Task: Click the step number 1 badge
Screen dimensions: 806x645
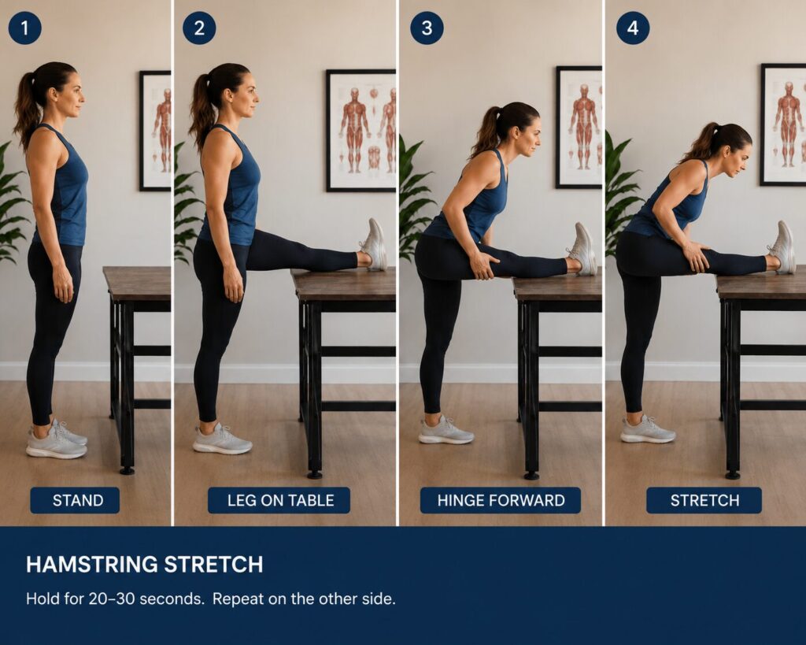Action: pyautogui.click(x=24, y=28)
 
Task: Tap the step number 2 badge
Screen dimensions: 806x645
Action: pyautogui.click(x=199, y=28)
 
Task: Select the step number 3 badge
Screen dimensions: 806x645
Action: pyautogui.click(x=427, y=28)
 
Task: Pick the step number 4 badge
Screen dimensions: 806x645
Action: pyautogui.click(x=633, y=28)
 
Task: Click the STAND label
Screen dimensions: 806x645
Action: pyautogui.click(x=75, y=500)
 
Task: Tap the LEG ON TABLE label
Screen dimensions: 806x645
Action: pyautogui.click(x=279, y=500)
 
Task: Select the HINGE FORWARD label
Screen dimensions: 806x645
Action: pyautogui.click(x=501, y=500)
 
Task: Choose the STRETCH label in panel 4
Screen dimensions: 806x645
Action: pyautogui.click(x=704, y=500)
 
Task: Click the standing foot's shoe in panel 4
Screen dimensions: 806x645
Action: pyautogui.click(x=647, y=431)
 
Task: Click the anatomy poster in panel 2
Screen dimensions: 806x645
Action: pyautogui.click(x=360, y=131)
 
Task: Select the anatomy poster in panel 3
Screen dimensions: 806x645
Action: pyautogui.click(x=579, y=127)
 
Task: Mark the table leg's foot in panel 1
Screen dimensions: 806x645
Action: pyautogui.click(x=127, y=470)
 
